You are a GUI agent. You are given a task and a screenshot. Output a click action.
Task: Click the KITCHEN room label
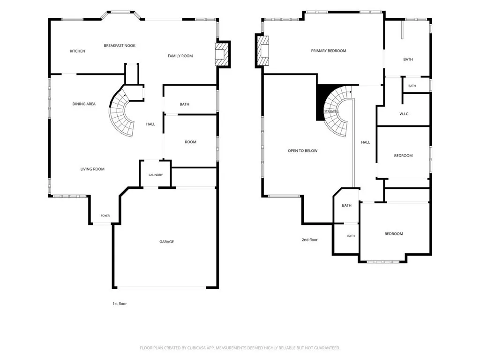(x=77, y=51)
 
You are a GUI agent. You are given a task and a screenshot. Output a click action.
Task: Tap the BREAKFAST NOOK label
(x=120, y=45)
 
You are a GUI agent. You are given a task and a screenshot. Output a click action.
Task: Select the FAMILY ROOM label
(x=180, y=56)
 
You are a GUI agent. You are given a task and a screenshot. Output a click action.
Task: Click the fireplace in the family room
(x=222, y=54)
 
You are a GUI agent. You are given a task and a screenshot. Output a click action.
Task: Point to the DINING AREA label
(x=84, y=104)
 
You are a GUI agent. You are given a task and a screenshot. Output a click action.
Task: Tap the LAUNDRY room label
(x=156, y=175)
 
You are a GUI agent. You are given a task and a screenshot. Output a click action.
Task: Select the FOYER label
(x=105, y=216)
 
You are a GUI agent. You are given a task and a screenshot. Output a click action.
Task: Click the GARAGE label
(x=166, y=242)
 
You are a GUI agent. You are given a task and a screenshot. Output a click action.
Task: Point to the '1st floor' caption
(x=120, y=304)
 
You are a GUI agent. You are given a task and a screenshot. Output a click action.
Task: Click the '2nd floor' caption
(x=309, y=240)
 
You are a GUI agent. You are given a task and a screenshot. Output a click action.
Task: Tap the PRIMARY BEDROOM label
(x=329, y=51)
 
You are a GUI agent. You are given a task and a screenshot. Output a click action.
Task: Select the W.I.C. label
(x=404, y=114)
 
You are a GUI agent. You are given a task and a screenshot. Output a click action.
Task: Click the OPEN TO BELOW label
(x=302, y=150)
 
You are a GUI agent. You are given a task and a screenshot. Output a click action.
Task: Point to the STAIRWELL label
(x=331, y=112)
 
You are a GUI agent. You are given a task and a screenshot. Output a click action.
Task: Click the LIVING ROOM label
(x=92, y=169)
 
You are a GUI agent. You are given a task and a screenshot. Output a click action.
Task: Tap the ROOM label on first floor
(x=190, y=142)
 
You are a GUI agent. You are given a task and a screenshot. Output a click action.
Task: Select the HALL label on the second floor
(x=366, y=142)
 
